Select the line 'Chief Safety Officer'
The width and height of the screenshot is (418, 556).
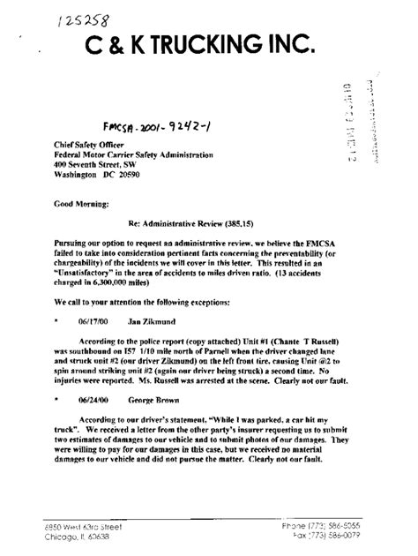[83, 147]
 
